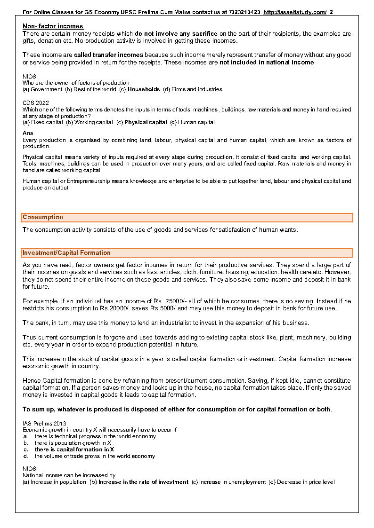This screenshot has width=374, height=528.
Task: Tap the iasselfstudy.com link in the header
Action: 295,12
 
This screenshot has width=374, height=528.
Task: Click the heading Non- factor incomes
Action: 53,26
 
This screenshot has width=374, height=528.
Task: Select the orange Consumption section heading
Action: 43,217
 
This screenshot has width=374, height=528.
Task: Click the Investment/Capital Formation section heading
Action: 66,253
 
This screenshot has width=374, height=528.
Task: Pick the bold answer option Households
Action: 144,89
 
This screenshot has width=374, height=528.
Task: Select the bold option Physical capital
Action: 146,122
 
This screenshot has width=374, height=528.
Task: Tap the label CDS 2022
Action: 35,102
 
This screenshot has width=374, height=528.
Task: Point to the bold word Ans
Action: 28,133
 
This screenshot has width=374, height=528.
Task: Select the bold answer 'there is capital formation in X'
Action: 74,449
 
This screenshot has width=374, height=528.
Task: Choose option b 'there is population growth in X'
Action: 73,443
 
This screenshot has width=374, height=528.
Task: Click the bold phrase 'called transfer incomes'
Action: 108,55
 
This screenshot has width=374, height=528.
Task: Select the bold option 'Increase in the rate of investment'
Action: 143,482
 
